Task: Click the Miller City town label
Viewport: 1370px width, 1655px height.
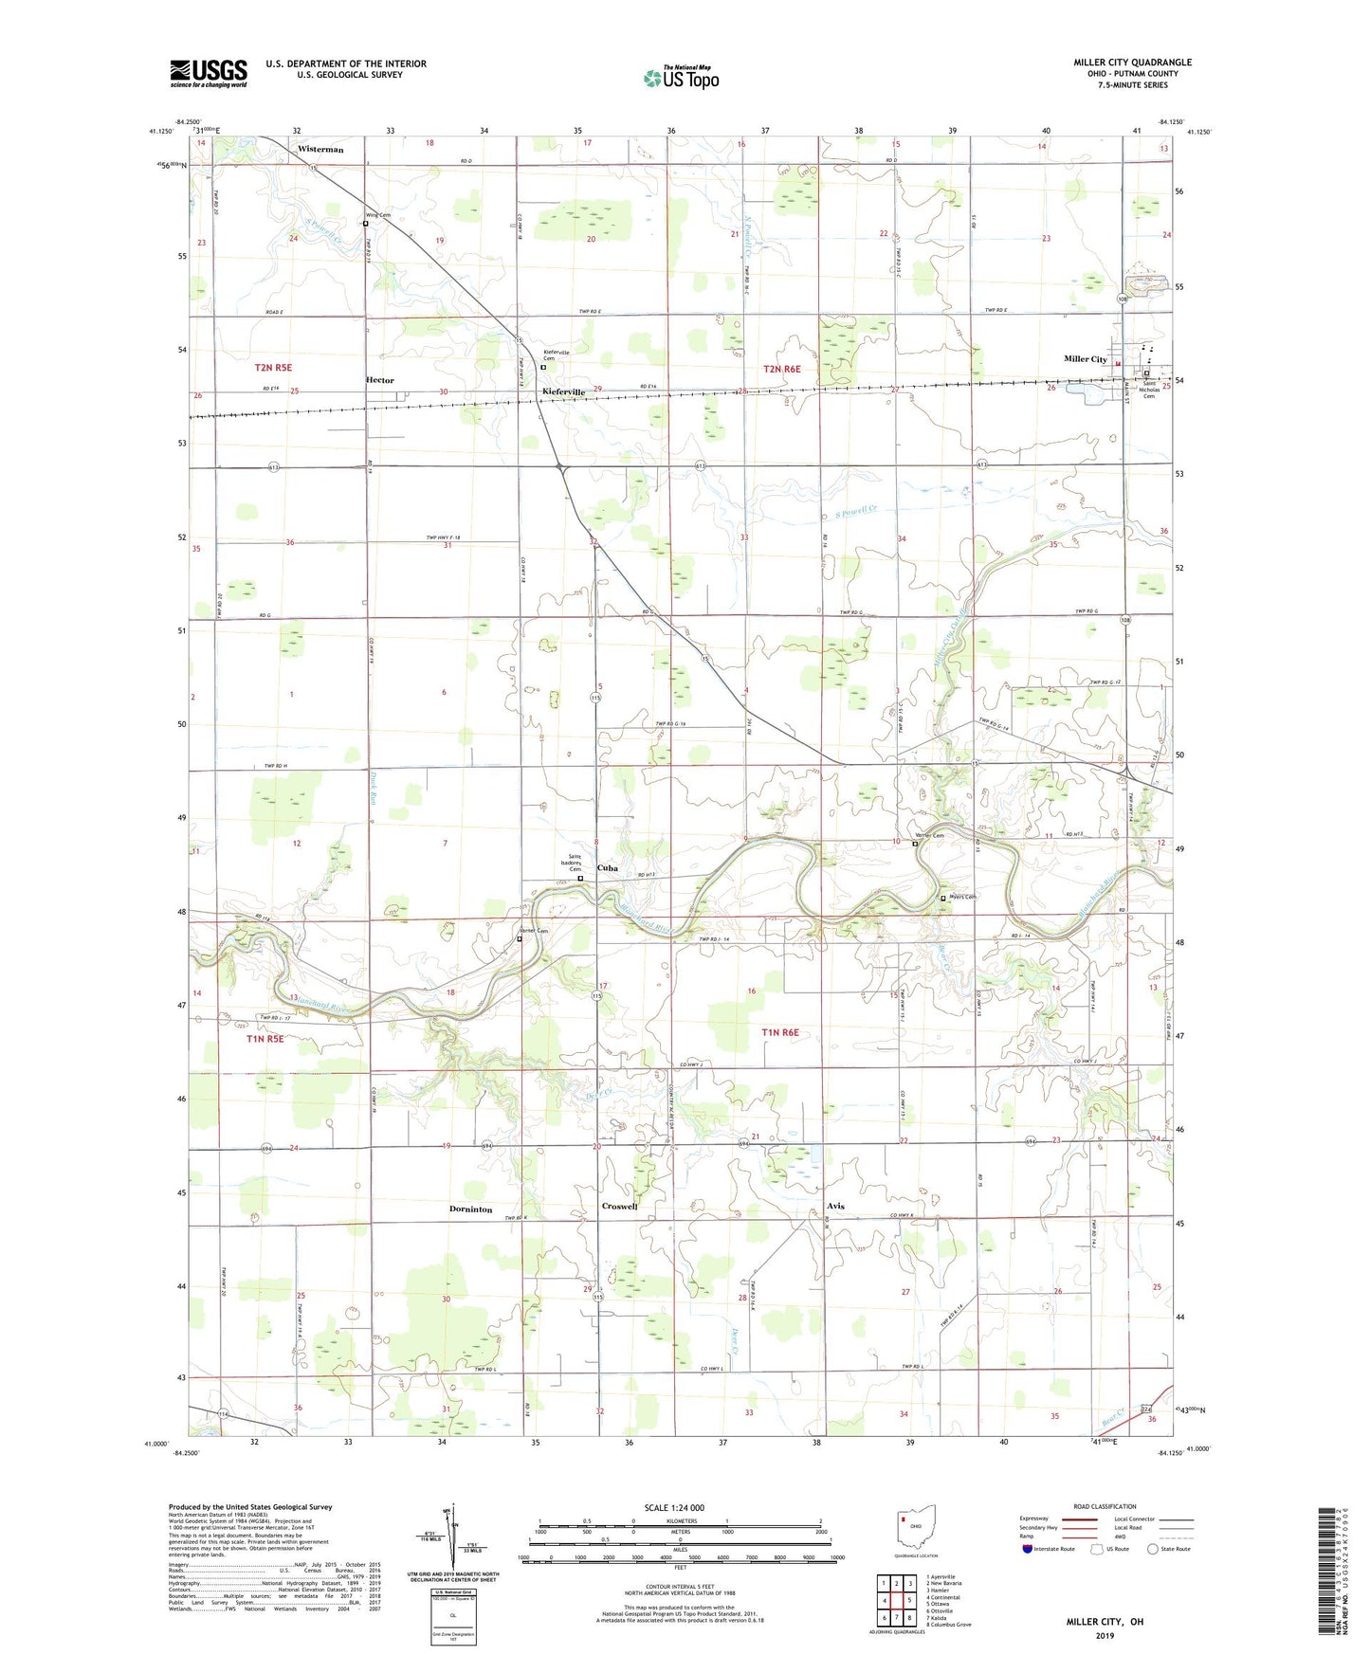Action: coord(1085,359)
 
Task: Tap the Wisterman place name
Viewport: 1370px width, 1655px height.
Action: coord(320,149)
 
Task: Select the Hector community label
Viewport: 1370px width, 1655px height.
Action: coord(379,380)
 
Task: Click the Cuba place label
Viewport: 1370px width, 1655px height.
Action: coord(607,867)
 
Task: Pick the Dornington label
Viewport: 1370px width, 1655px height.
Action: coord(470,1209)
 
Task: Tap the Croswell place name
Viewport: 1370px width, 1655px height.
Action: coord(619,1206)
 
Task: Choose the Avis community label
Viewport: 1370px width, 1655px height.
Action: coord(834,1206)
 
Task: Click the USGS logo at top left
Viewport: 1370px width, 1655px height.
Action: coord(209,73)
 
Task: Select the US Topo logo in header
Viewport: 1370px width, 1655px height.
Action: coord(680,77)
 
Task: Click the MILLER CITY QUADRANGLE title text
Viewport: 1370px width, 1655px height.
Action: coord(1132,63)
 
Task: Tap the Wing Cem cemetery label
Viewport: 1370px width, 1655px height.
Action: coord(378,215)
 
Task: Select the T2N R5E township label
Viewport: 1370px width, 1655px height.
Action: coord(273,367)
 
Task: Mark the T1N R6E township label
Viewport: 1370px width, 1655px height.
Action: coord(780,1032)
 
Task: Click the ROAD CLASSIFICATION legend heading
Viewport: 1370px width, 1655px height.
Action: coord(1105,1506)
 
